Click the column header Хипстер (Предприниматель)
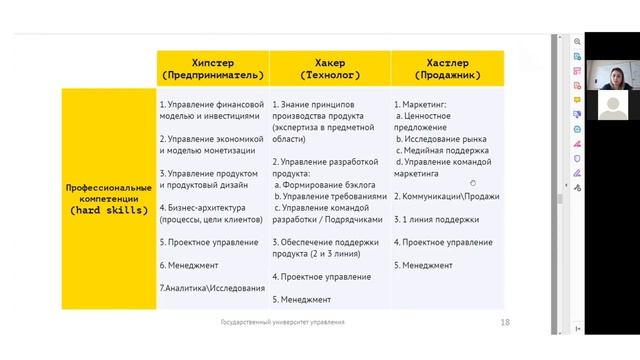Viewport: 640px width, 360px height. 213,68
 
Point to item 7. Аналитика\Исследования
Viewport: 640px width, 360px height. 212,288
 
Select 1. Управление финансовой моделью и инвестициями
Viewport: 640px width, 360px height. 212,109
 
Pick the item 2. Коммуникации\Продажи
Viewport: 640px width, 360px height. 446,195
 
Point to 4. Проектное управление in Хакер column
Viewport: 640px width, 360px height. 315,276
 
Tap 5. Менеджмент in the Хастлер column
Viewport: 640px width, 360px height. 423,265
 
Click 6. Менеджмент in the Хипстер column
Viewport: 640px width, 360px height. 189,265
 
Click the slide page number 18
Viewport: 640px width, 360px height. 505,322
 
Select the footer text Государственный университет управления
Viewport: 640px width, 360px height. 283,322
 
